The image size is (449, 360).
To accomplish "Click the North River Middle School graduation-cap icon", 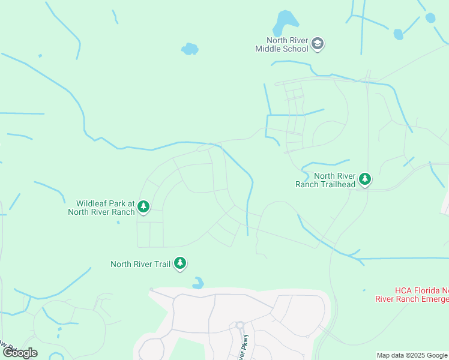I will (x=318, y=43).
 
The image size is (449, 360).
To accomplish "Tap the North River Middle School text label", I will (x=282, y=44).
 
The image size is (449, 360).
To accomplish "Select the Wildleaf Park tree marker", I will (x=143, y=207).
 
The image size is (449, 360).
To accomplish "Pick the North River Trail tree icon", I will (x=180, y=263).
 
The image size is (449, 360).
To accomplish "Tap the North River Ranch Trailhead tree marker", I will (x=364, y=179).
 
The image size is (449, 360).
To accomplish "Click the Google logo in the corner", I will (x=20, y=353).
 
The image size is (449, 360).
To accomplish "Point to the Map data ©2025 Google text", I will (x=412, y=355).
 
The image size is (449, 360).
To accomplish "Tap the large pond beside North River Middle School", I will (x=285, y=23).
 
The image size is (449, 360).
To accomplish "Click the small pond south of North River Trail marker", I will (x=197, y=283).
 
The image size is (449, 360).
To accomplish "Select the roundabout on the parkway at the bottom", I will (x=240, y=325).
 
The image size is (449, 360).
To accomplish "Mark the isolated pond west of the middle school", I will (x=190, y=49).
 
